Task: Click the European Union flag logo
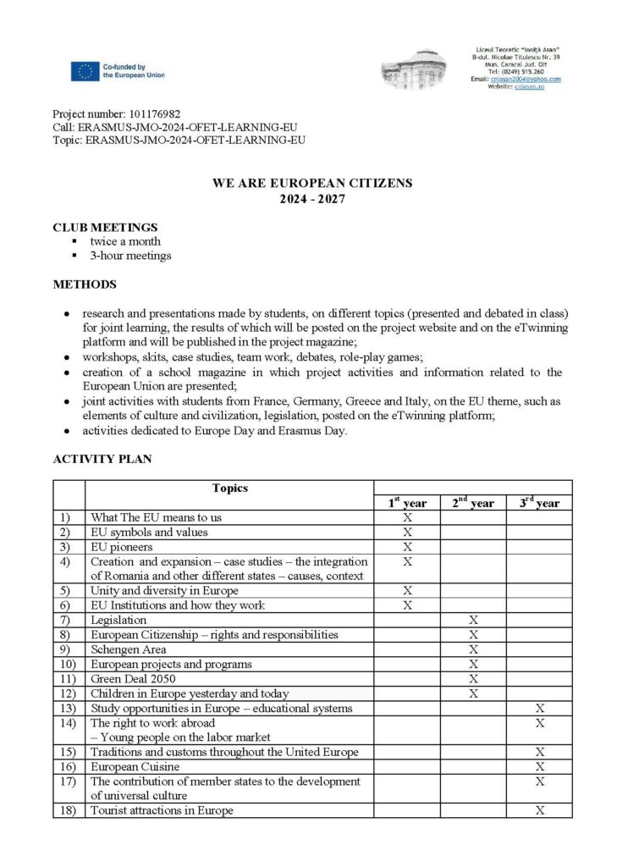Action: (x=85, y=71)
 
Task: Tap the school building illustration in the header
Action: (x=420, y=70)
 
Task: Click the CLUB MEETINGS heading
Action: (x=105, y=227)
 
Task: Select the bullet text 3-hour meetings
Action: (x=130, y=255)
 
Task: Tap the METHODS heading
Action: (x=85, y=284)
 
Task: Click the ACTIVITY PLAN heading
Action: (x=102, y=459)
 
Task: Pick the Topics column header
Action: (x=230, y=488)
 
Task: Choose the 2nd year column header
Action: (x=473, y=503)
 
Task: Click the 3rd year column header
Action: (x=539, y=503)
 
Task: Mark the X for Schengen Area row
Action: (x=473, y=649)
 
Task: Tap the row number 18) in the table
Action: (x=69, y=810)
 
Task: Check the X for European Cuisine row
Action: (x=539, y=766)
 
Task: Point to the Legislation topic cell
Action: (x=118, y=620)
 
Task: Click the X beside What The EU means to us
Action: (x=407, y=517)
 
